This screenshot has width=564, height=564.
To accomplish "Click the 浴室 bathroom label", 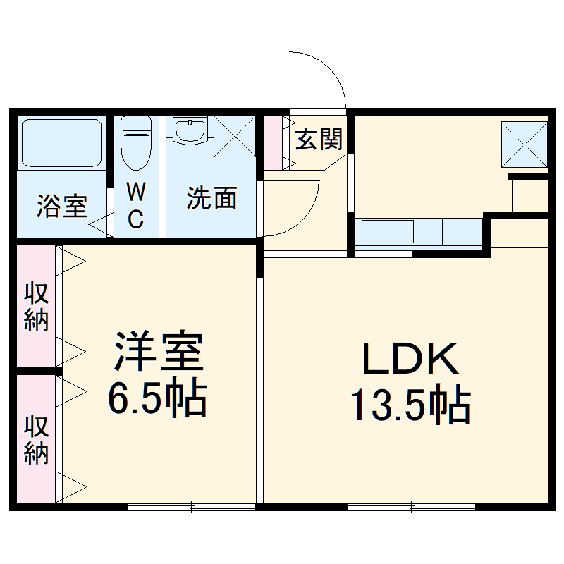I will [x=62, y=207].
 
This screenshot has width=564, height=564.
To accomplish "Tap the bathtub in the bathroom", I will [x=61, y=142].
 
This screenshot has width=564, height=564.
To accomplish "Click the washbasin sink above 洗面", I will [x=189, y=132].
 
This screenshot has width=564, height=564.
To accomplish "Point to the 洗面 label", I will [x=211, y=199].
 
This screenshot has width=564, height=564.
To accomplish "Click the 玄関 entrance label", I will [x=319, y=140].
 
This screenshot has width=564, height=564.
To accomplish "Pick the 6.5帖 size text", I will [x=157, y=400].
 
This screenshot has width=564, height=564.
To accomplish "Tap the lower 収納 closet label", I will [x=35, y=440].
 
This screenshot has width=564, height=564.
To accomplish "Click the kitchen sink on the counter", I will [x=387, y=231].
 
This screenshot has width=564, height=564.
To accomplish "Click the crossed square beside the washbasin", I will [x=233, y=136].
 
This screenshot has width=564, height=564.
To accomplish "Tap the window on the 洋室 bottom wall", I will [x=192, y=506].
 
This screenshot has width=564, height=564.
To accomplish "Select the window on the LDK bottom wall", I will [x=412, y=506].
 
